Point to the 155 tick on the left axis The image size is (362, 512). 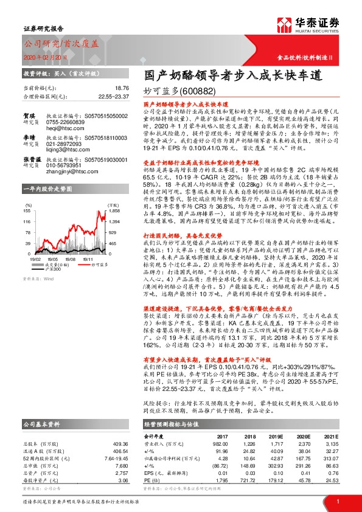click(28, 210)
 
